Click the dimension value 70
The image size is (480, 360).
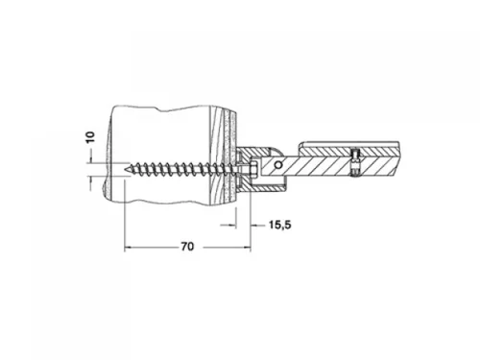(x=187, y=247)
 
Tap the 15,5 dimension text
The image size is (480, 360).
(x=279, y=225)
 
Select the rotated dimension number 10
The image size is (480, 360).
(x=90, y=137)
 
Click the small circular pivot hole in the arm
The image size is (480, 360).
(x=278, y=165)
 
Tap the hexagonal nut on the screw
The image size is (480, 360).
(x=253, y=169)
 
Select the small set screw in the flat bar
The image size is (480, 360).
(x=354, y=162)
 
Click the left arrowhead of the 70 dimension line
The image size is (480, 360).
(x=127, y=247)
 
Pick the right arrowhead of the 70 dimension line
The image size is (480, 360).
(x=247, y=247)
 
